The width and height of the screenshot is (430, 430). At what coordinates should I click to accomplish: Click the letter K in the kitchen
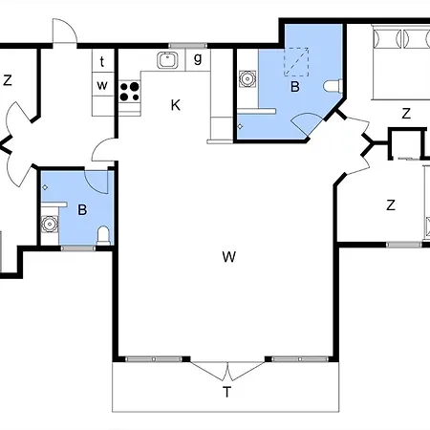click(x=176, y=105)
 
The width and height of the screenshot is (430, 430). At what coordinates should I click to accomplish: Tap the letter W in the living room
click(x=229, y=256)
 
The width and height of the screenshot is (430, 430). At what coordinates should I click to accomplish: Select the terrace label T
click(x=226, y=392)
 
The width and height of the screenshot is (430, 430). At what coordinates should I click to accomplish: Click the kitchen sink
click(x=166, y=60)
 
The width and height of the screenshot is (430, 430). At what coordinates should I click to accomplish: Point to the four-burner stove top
click(x=130, y=92)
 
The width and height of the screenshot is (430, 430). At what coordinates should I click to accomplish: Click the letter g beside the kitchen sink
click(x=198, y=58)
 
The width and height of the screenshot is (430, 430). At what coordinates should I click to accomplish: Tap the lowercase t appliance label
click(x=102, y=61)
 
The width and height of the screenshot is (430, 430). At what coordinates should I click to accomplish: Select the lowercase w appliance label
click(x=102, y=85)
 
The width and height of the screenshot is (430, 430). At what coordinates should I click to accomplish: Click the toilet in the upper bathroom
click(x=333, y=86)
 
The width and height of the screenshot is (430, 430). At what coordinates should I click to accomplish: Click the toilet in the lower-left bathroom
click(x=103, y=236)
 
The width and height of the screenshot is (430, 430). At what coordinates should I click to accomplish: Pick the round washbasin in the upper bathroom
click(x=247, y=78)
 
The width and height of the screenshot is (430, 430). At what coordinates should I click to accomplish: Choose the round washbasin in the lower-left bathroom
click(x=50, y=224)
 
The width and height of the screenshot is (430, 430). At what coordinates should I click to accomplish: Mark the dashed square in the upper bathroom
click(x=296, y=62)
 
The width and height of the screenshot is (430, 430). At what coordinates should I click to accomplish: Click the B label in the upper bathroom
click(x=295, y=87)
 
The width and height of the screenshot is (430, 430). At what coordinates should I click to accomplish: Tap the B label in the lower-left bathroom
click(x=82, y=210)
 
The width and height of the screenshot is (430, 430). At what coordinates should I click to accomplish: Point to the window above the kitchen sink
click(x=187, y=46)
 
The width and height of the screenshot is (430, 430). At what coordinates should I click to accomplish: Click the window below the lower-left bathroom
click(x=78, y=248)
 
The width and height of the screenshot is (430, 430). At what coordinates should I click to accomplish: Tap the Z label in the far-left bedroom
click(x=8, y=80)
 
